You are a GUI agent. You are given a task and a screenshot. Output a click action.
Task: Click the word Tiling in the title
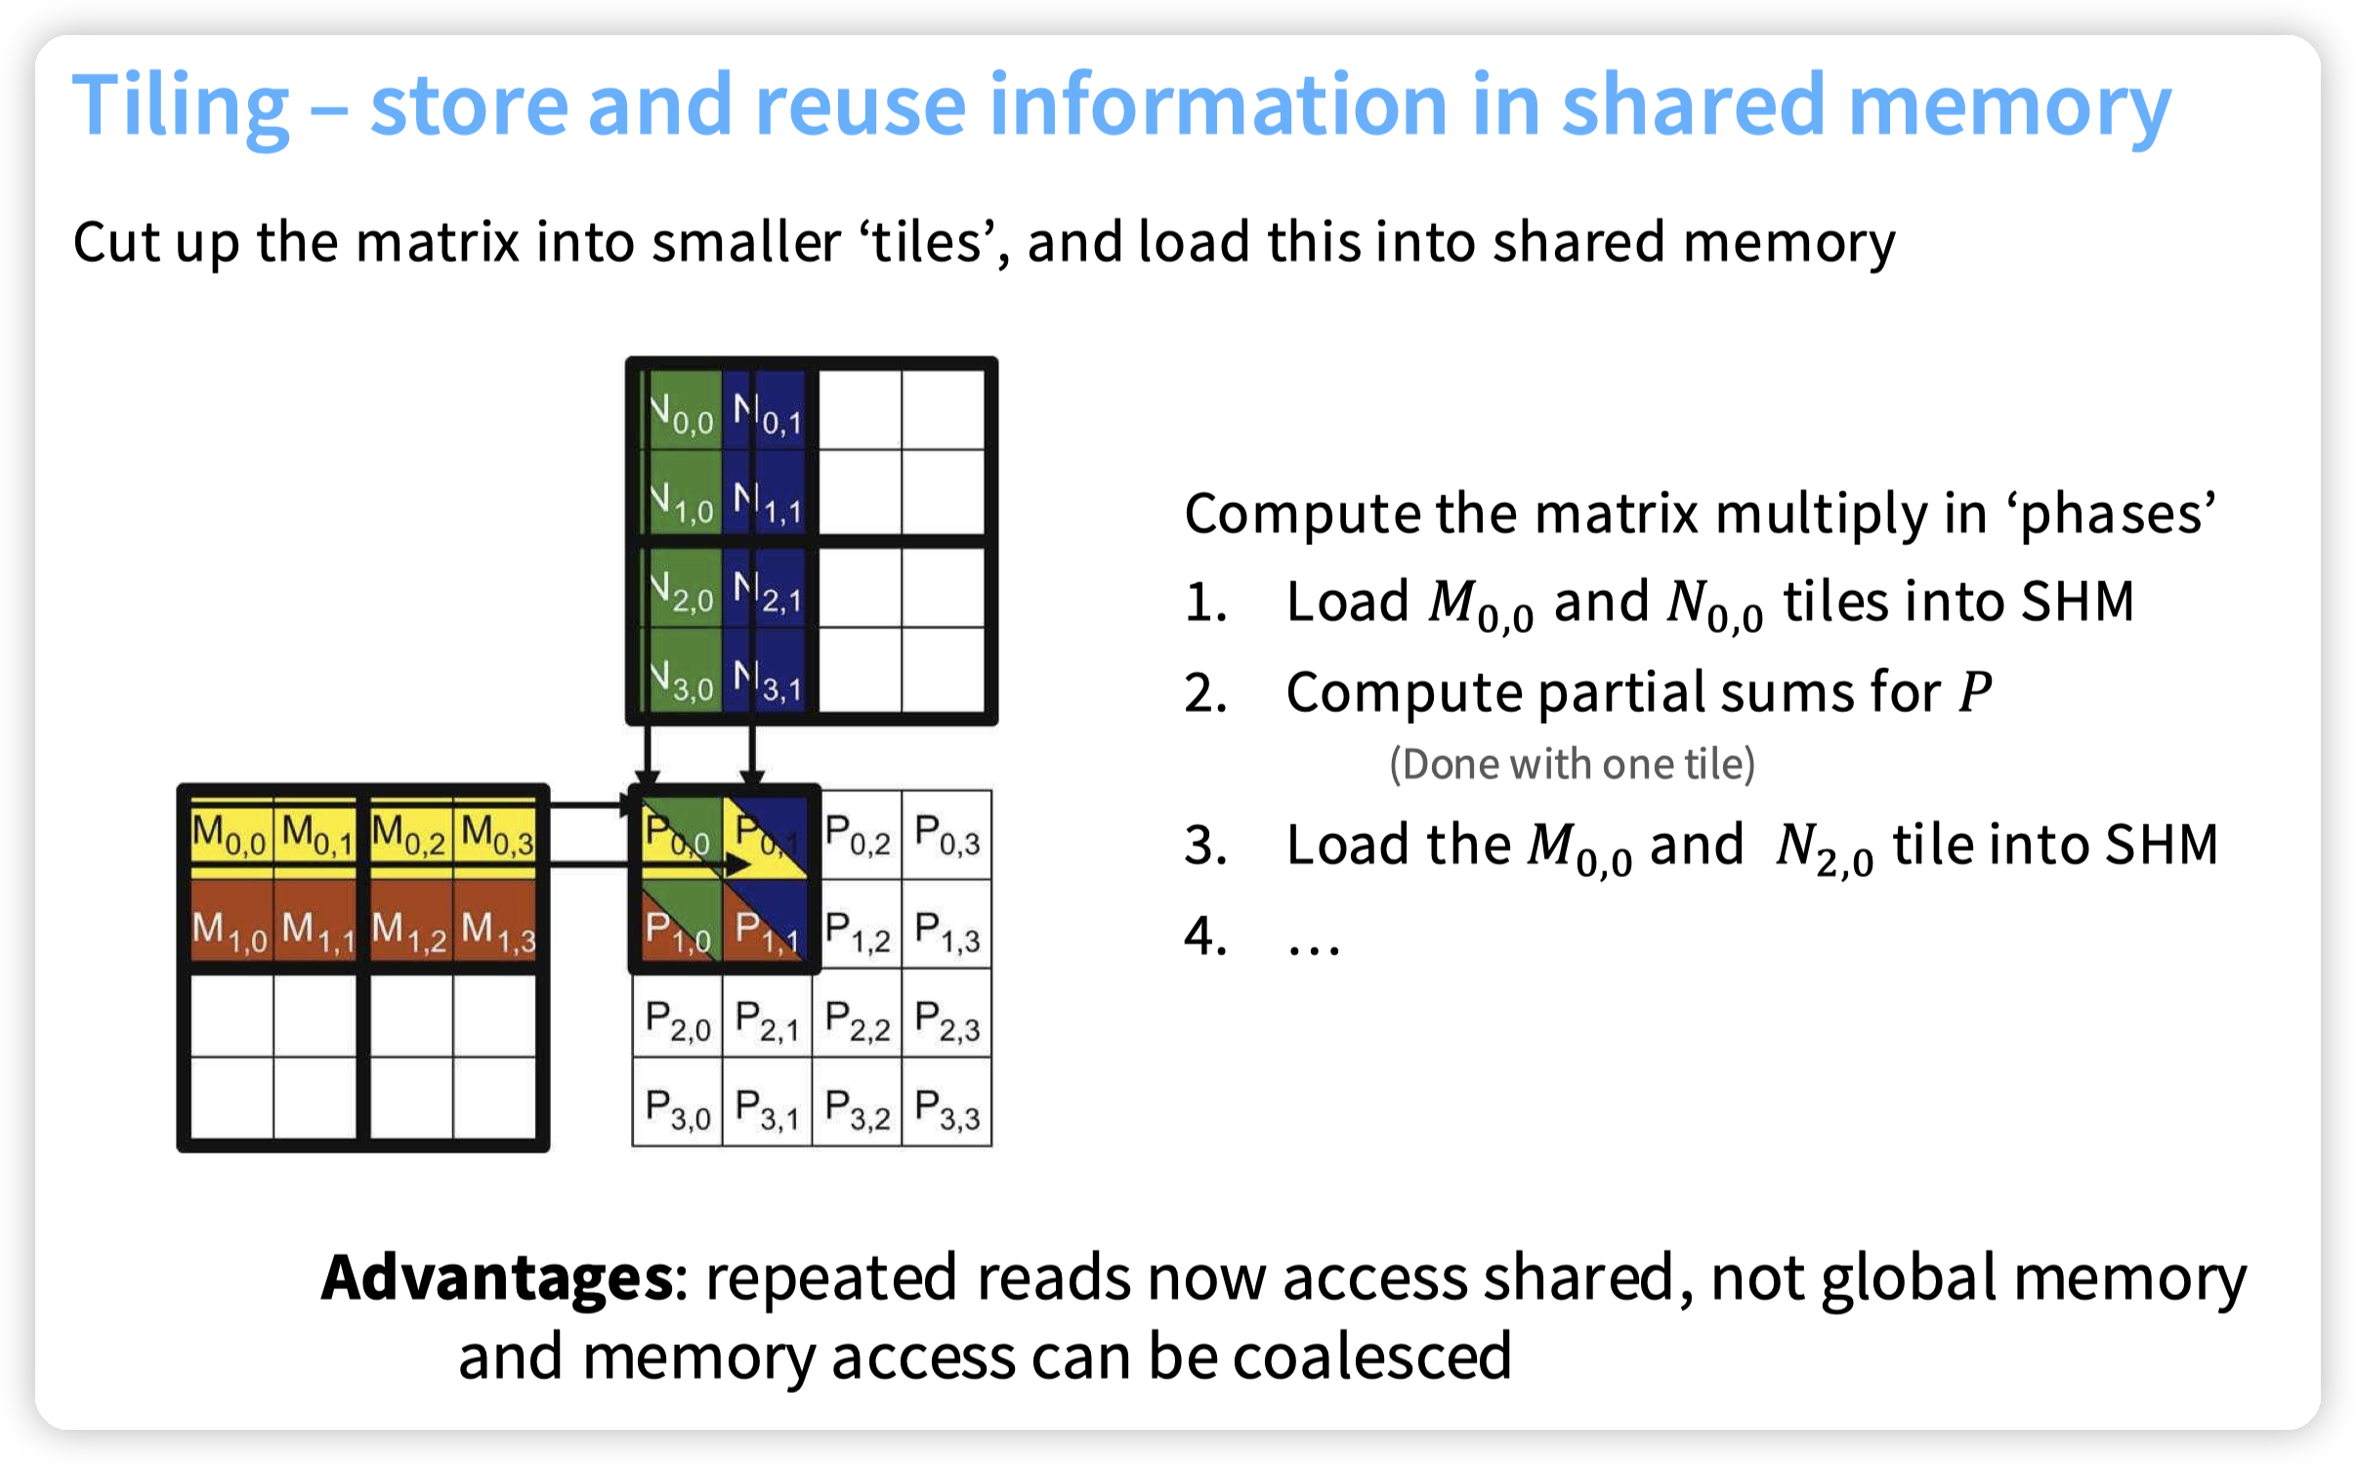(x=181, y=105)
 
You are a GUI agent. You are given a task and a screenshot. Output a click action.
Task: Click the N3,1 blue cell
(x=768, y=680)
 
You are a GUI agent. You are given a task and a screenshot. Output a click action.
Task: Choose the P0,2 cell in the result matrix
(x=858, y=835)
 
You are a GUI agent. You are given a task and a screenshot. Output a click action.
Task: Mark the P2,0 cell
(x=678, y=1021)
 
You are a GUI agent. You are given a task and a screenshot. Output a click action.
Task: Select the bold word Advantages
(x=496, y=1277)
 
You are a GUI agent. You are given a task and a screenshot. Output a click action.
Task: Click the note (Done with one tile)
(x=1572, y=764)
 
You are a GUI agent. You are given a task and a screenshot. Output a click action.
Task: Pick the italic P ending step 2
(x=1975, y=692)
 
